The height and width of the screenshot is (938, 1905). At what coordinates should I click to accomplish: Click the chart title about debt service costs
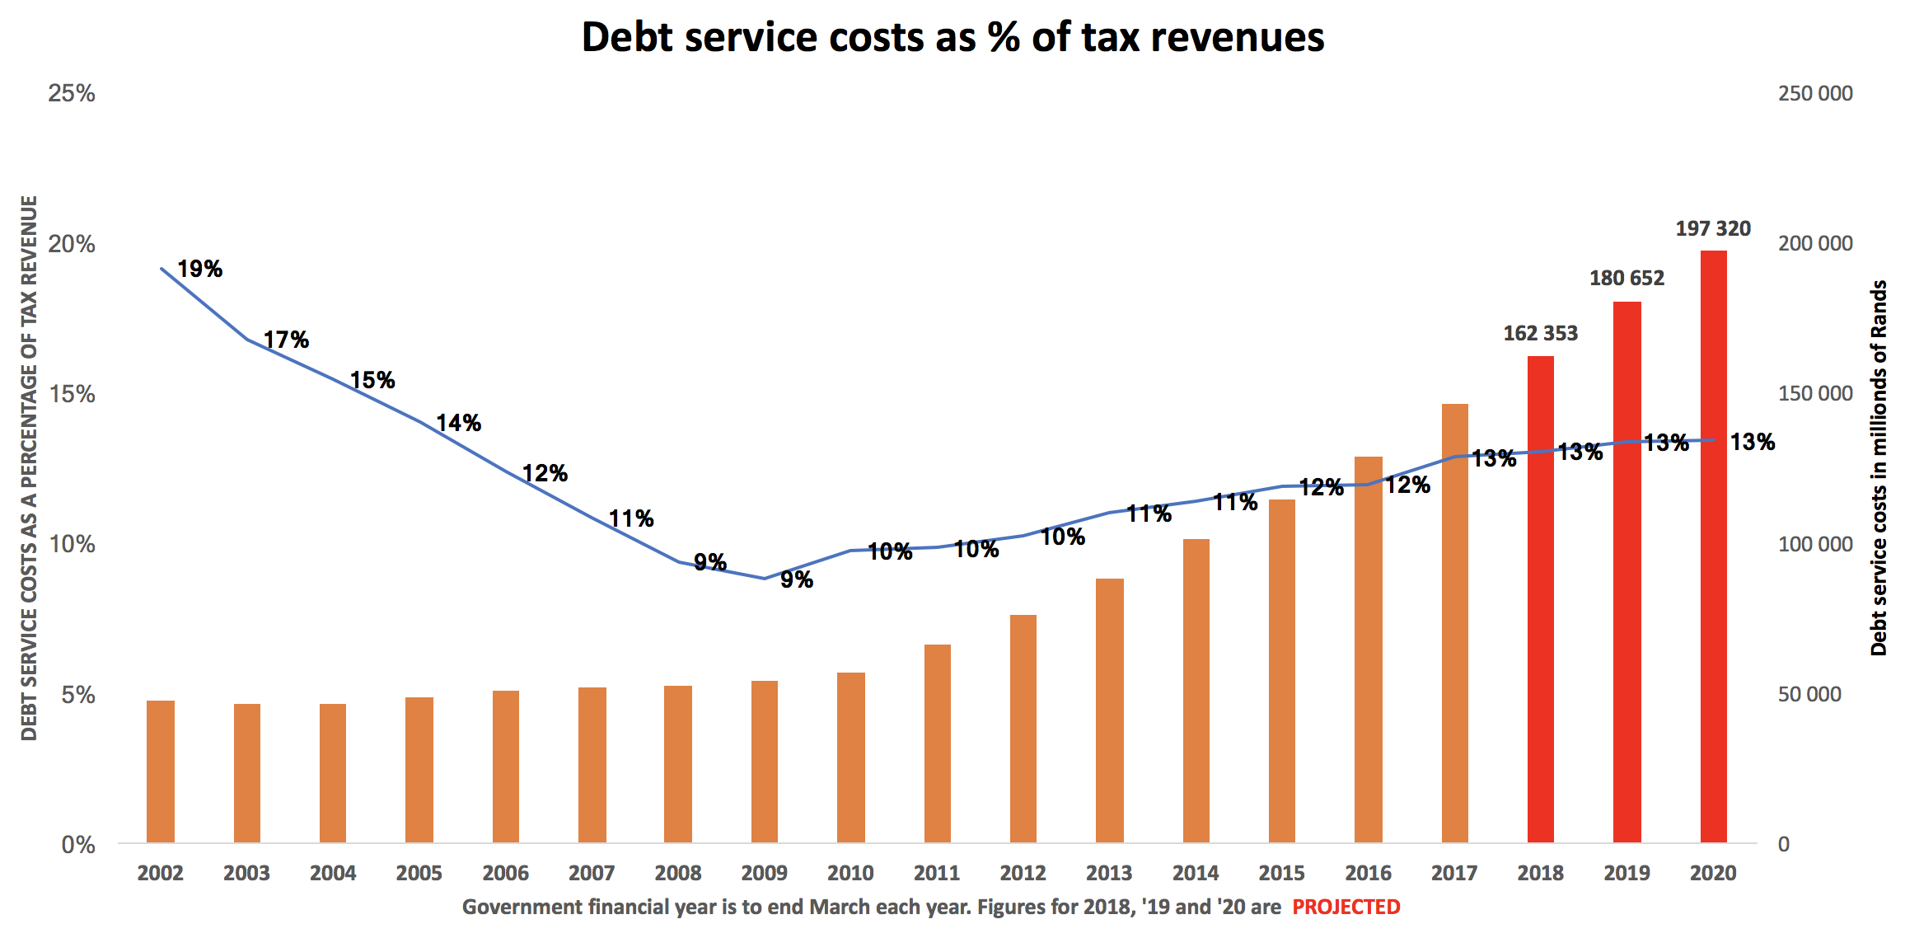(x=953, y=38)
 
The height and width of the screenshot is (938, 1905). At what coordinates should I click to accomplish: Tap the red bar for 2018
(x=1540, y=598)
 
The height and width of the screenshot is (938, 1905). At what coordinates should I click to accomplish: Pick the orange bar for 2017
(x=1454, y=622)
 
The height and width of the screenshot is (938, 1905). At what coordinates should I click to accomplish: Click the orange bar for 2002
(x=161, y=771)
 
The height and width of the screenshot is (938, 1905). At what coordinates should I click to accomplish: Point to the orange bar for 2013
(x=1109, y=710)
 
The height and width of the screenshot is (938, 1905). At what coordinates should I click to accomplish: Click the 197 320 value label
(x=1713, y=229)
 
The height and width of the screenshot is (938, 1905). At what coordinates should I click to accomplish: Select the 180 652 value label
(x=1627, y=279)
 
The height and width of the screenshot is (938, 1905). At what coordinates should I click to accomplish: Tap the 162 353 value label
(x=1540, y=334)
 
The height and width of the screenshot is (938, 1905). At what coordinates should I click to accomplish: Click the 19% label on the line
(x=200, y=270)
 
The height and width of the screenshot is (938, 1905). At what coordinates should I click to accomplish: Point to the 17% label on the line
(x=286, y=340)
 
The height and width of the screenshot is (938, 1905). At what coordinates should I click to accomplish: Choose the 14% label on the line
(x=458, y=423)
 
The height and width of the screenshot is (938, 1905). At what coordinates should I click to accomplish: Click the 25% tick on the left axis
(x=72, y=93)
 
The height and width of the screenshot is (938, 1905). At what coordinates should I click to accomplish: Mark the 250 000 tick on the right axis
(x=1814, y=93)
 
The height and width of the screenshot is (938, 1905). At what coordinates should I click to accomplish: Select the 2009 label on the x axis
(x=764, y=873)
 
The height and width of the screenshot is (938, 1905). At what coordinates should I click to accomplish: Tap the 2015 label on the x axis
(x=1281, y=873)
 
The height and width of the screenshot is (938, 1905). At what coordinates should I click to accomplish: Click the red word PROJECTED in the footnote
(x=1346, y=908)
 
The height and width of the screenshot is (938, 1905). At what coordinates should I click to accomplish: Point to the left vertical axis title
(x=30, y=467)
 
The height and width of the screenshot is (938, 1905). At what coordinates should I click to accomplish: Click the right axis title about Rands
(x=1879, y=467)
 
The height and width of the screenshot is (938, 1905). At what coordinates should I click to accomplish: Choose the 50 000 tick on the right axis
(x=1809, y=694)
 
